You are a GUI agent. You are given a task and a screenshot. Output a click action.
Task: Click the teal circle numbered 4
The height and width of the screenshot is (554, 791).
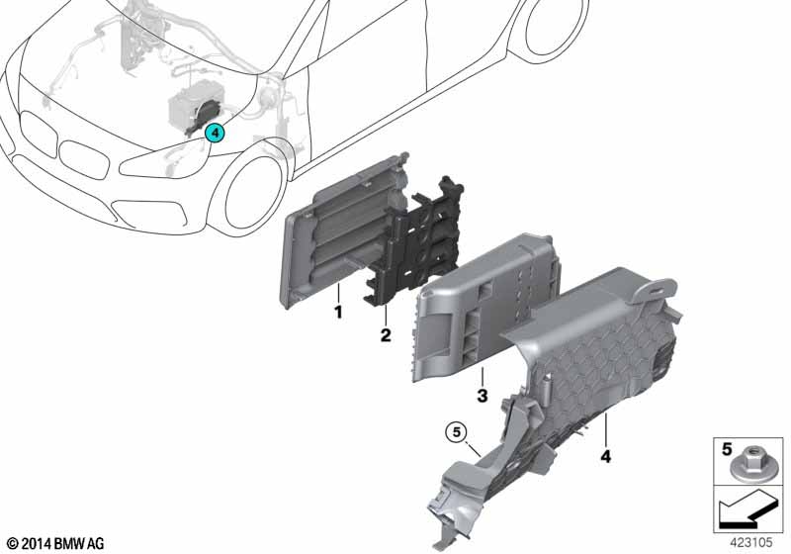tap(215, 134)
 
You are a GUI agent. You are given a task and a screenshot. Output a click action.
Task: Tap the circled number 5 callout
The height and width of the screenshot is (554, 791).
tap(457, 432)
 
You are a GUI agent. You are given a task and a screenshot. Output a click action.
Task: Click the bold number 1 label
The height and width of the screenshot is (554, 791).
tap(338, 312)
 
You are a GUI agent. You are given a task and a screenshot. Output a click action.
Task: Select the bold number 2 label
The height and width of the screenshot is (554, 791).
tap(386, 335)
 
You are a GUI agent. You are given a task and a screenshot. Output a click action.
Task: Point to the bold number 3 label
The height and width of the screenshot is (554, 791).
tap(483, 395)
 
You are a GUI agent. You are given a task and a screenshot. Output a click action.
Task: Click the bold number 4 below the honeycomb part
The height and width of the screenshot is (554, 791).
tap(605, 456)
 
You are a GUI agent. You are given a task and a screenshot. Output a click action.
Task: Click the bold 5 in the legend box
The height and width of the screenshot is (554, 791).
tap(727, 449)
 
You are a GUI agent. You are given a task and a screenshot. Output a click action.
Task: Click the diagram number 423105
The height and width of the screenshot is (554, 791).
tap(751, 542)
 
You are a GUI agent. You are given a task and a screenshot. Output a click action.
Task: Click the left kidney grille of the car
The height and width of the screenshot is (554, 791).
tap(38, 133)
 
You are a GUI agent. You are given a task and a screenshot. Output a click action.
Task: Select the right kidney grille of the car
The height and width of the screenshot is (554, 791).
tap(84, 159)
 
